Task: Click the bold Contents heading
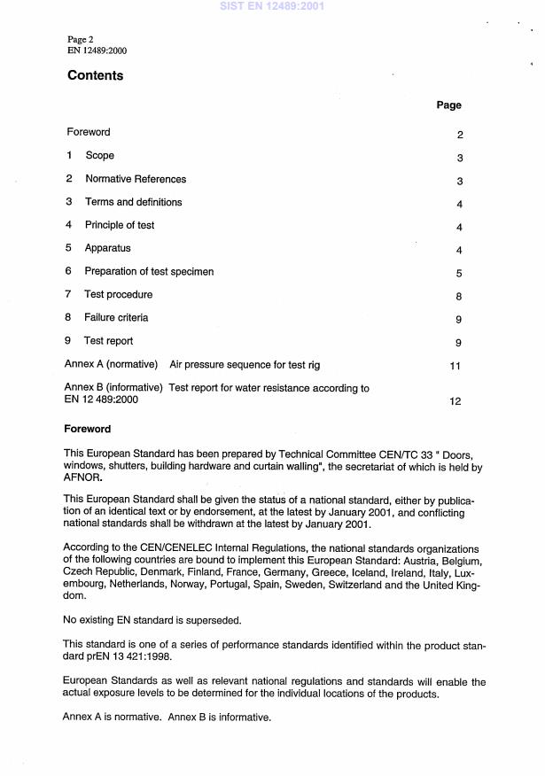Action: point(95,76)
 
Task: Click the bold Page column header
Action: point(448,105)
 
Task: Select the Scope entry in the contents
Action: point(99,156)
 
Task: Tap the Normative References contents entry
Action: point(135,179)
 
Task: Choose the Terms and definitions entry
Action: point(133,202)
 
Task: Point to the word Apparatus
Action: point(107,249)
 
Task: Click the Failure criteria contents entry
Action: point(116,318)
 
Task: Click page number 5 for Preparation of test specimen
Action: point(459,274)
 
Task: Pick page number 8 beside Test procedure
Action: point(459,297)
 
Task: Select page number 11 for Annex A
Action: point(456,366)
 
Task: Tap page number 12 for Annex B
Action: point(455,401)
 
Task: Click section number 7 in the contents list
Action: point(68,295)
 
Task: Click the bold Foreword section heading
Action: point(88,430)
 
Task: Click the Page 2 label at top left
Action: point(81,40)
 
